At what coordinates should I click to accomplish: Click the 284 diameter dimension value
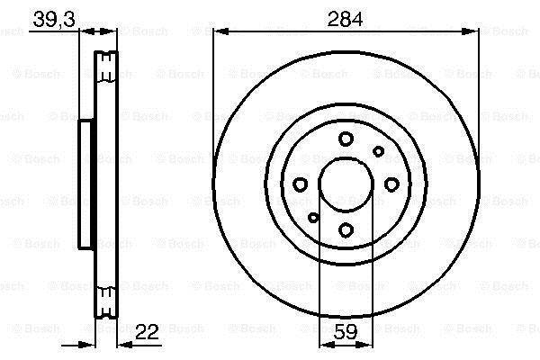point(345,19)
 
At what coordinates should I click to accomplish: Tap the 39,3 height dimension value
point(54,19)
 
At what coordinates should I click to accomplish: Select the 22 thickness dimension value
point(147,332)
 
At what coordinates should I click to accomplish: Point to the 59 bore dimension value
point(346,332)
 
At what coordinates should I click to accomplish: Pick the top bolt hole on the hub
point(346,139)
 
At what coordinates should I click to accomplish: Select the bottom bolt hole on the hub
point(346,229)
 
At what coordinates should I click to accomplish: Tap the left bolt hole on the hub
point(301,184)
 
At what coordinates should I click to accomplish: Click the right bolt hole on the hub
point(391,184)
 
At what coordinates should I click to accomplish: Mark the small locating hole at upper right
point(379,151)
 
